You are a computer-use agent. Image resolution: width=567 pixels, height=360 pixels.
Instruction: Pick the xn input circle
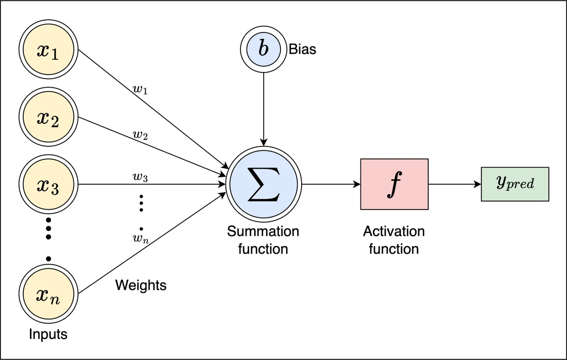tap(48, 294)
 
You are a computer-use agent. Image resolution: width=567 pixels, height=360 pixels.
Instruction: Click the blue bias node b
tap(263, 50)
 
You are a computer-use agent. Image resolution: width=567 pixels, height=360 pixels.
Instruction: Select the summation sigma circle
tap(263, 184)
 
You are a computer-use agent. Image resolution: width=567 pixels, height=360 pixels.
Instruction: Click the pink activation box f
tap(394, 184)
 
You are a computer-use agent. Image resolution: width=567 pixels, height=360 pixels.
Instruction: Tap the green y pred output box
tap(514, 184)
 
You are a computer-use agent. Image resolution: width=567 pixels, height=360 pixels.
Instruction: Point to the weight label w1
tap(141, 91)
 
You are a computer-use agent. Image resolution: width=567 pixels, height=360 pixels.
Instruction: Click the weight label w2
tap(140, 135)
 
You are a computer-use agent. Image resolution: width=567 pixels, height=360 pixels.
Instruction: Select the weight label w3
tap(140, 177)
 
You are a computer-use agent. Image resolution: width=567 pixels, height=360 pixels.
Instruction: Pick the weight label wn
tap(141, 238)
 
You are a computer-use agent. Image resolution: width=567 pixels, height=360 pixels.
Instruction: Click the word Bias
tap(302, 50)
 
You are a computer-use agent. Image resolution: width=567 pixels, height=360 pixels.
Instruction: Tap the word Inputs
tap(48, 334)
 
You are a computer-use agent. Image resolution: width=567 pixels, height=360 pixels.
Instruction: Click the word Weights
tap(141, 285)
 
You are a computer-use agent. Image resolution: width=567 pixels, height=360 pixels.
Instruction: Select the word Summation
tap(263, 231)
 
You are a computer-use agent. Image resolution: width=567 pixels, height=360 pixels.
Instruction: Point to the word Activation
tap(394, 231)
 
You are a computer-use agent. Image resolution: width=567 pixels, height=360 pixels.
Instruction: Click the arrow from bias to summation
tap(263, 106)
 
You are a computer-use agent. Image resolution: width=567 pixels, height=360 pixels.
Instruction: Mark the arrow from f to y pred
tap(455, 184)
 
